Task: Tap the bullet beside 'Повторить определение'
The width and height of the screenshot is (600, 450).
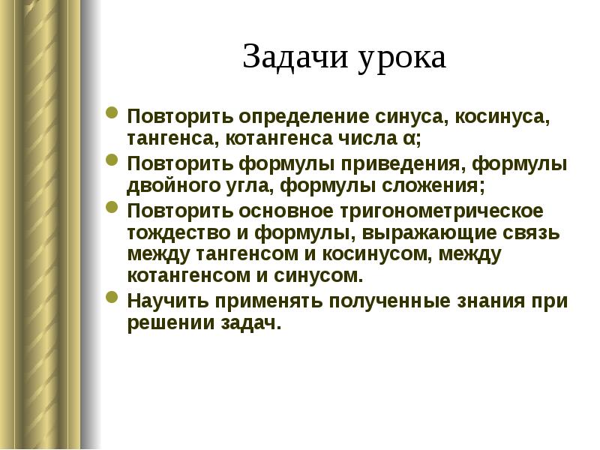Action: pos(112,115)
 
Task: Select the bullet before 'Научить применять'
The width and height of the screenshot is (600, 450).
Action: pos(112,298)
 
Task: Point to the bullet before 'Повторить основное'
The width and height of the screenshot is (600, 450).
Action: pos(112,208)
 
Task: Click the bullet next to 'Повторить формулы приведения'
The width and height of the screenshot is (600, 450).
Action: pos(112,161)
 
